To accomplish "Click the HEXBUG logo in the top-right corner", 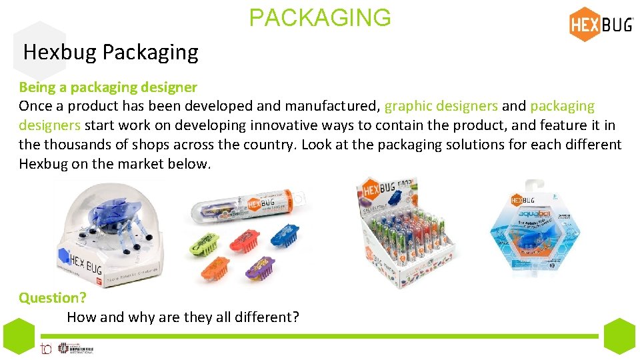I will (x=601, y=25).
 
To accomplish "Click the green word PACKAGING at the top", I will (x=320, y=17).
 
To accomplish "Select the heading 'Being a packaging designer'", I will (x=108, y=87).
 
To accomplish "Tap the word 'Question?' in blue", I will (x=49, y=298).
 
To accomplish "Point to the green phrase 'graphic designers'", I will (x=441, y=106).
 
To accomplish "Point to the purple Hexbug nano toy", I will (x=260, y=268).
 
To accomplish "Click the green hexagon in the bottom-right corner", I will (x=619, y=336).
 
